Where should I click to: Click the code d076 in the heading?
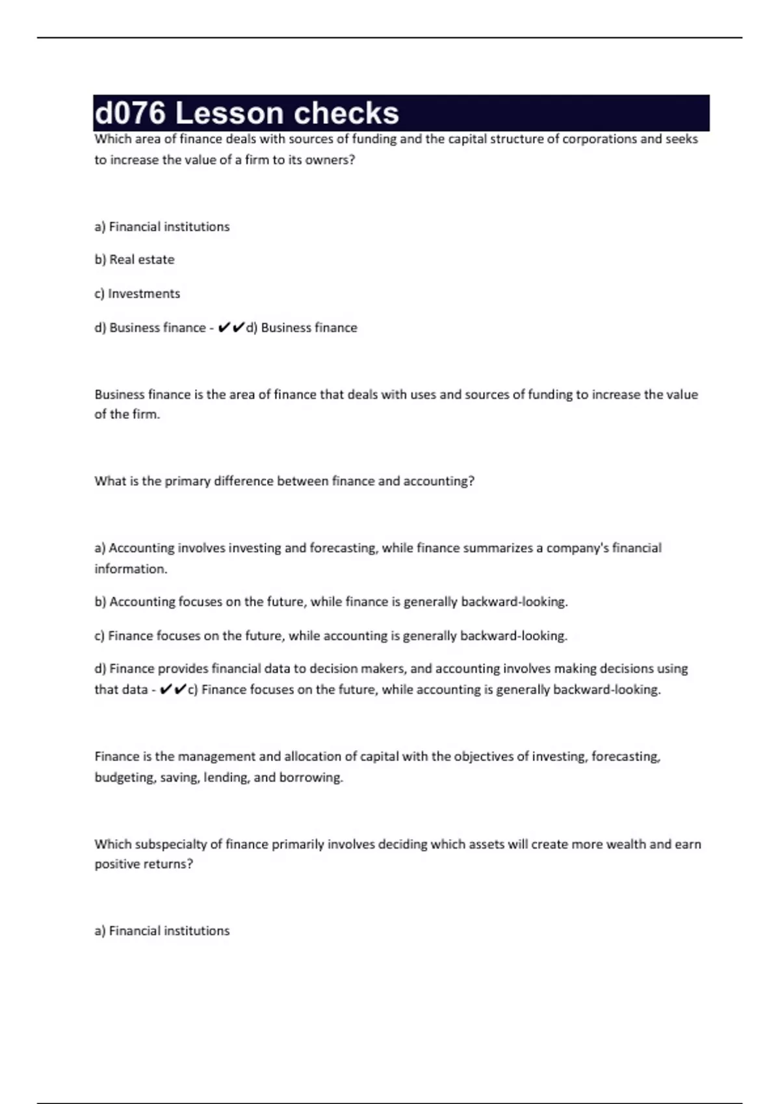coord(130,114)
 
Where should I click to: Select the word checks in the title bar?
coord(346,114)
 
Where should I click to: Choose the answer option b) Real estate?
coord(135,260)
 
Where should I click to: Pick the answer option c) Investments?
coord(137,294)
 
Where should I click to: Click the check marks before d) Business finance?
coord(231,327)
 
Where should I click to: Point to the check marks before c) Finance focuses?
coord(174,690)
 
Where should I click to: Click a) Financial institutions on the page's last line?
coord(162,931)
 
